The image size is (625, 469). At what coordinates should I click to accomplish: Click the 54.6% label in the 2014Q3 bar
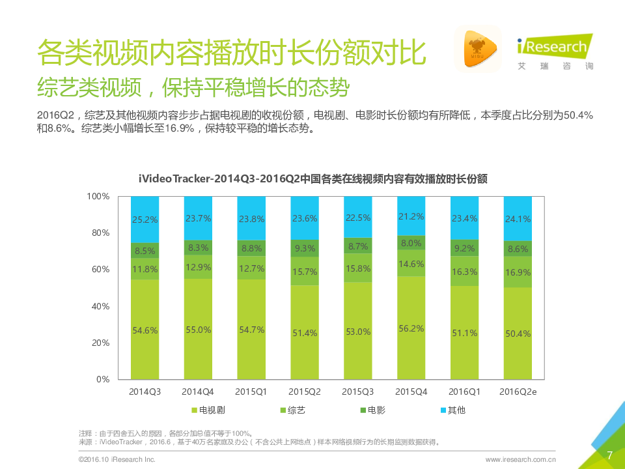145,330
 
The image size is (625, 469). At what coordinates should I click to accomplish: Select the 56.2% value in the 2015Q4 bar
411,329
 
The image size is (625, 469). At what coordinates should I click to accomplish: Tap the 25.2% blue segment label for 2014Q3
145,220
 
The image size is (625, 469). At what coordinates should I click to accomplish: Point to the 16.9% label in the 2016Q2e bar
518,273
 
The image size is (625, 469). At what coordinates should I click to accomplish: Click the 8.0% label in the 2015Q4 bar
411,243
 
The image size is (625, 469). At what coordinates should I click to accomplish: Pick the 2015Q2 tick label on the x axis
305,391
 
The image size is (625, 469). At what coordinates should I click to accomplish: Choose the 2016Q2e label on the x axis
518,391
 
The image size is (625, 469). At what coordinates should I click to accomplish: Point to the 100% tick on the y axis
98,196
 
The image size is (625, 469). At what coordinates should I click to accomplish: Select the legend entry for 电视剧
208,410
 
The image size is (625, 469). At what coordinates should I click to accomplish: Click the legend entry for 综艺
292,410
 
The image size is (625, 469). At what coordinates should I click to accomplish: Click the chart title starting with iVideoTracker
313,178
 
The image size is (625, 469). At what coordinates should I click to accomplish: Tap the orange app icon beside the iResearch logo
477,49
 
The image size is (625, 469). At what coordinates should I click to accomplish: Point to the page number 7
609,455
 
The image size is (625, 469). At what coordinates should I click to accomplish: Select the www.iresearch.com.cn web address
520,459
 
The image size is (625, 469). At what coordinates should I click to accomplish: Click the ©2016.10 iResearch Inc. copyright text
117,459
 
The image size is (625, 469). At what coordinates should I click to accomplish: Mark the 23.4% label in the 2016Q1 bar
464,219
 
